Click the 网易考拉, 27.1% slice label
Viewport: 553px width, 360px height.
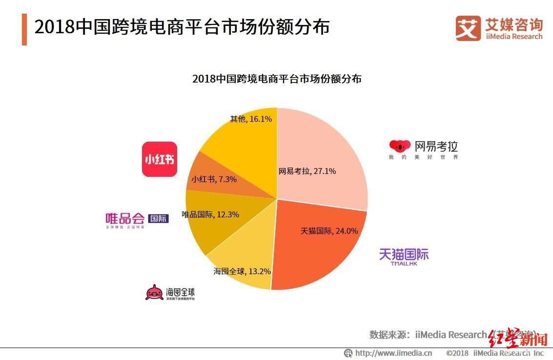[x=307, y=171]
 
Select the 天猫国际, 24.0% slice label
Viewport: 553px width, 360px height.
[x=329, y=231]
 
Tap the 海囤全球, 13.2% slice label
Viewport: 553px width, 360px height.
[x=242, y=271]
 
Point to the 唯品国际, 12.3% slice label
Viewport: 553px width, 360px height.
[x=210, y=214]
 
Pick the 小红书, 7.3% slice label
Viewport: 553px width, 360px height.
[x=214, y=179]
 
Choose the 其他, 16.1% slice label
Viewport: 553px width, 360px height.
[x=251, y=119]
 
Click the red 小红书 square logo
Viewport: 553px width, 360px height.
[x=159, y=159]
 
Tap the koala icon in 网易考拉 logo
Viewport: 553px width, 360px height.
[x=400, y=146]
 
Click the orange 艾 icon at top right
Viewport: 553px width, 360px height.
[x=468, y=28]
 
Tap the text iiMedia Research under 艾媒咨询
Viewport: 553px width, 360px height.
[x=513, y=37]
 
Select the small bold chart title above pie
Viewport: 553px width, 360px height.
[x=277, y=79]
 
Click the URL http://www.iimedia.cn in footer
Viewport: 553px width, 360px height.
[x=393, y=353]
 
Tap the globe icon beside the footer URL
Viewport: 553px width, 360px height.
[x=348, y=353]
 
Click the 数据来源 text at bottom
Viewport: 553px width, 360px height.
[x=389, y=335]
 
